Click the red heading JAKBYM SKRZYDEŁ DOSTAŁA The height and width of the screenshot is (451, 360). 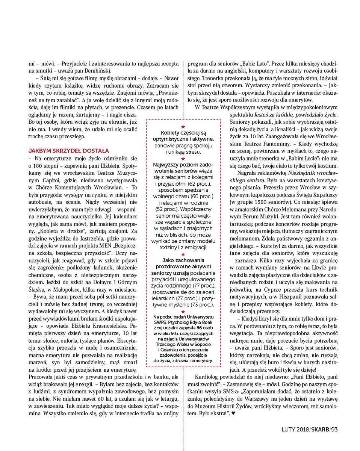68,150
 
